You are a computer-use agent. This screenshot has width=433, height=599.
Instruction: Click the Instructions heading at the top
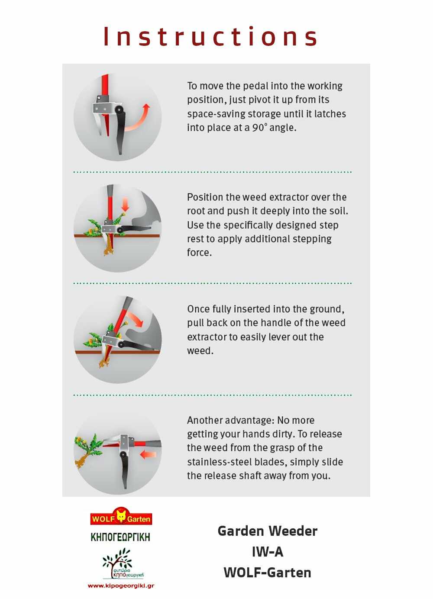(211, 36)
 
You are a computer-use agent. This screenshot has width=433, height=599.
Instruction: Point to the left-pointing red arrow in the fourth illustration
(148, 454)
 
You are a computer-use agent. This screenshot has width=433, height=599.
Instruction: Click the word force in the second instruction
(199, 253)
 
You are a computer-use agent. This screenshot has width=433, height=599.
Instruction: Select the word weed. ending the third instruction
(200, 351)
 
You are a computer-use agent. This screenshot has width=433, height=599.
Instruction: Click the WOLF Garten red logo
(121, 518)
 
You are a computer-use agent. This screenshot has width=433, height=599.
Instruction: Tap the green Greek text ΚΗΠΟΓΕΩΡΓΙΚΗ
(120, 537)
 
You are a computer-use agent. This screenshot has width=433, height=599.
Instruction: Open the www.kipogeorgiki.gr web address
(121, 586)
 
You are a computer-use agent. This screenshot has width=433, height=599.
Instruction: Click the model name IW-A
(267, 552)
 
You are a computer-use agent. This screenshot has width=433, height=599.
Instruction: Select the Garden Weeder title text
(267, 531)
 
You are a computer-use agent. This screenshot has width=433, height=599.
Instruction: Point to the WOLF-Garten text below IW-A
(267, 573)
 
